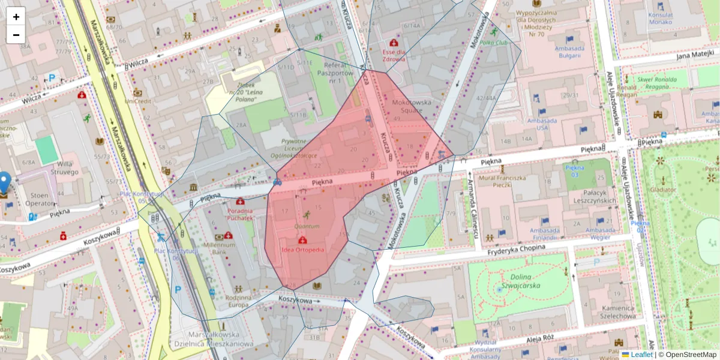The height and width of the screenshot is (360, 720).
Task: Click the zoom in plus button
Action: click(x=16, y=16)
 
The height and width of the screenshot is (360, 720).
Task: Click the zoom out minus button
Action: click(x=16, y=34)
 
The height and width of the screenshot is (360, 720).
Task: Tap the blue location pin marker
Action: click(x=4, y=182)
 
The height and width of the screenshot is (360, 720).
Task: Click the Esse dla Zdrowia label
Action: click(x=394, y=55)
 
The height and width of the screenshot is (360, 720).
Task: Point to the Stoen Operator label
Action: click(x=40, y=199)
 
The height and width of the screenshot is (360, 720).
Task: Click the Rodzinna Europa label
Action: click(x=238, y=301)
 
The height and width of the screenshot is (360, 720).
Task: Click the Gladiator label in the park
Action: click(x=662, y=190)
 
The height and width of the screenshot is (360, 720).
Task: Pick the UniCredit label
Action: click(x=137, y=101)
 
